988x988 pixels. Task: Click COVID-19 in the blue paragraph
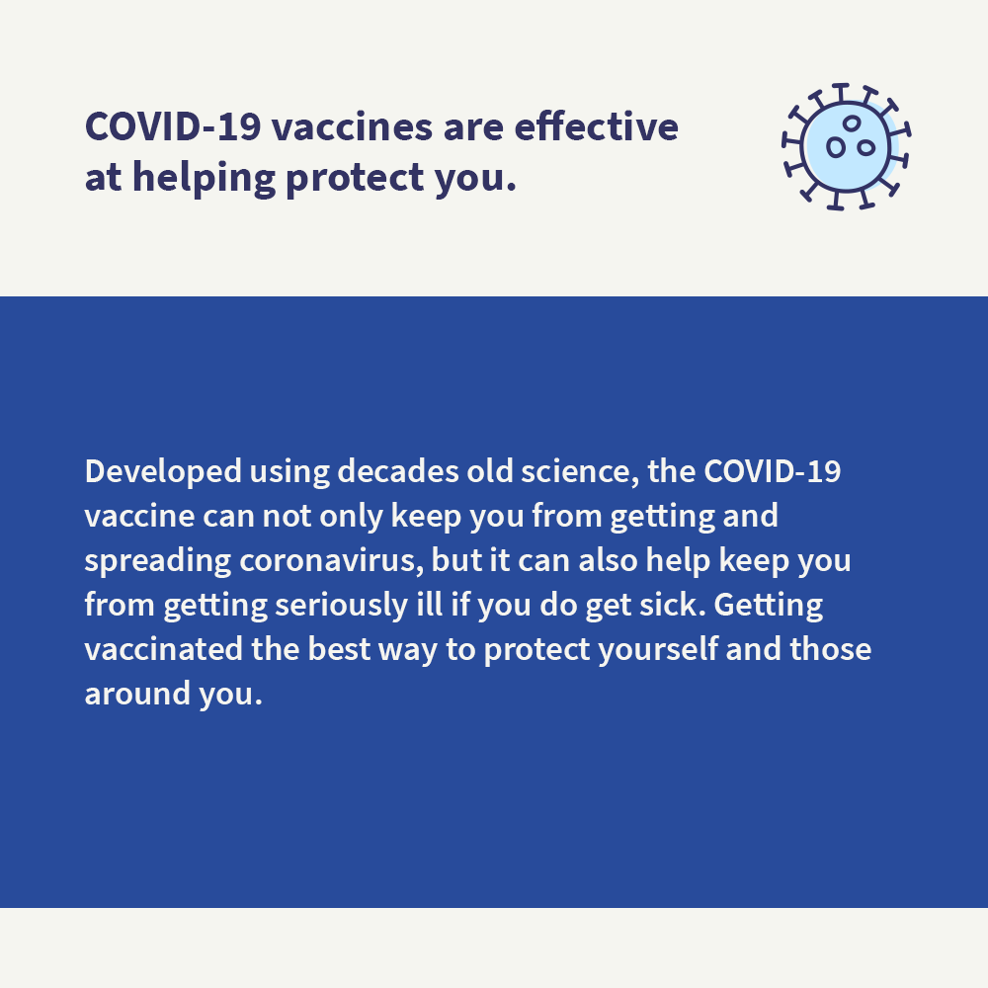click(772, 470)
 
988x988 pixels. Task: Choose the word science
click(566, 470)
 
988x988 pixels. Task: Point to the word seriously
click(333, 605)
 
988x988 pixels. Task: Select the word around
click(123, 693)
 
